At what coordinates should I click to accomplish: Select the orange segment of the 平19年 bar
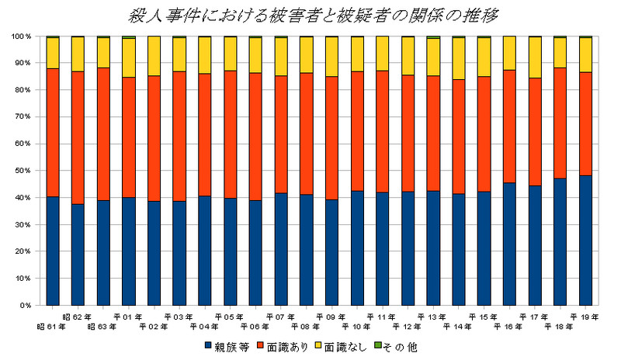pyautogui.click(x=585, y=124)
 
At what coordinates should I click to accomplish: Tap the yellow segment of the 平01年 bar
pyautogui.click(x=129, y=57)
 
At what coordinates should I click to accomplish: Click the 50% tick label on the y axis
pyautogui.click(x=21, y=171)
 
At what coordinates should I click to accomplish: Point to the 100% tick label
pyautogui.click(x=19, y=36)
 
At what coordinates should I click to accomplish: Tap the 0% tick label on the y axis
pyautogui.click(x=24, y=306)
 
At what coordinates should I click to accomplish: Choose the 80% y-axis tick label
pyautogui.click(x=21, y=90)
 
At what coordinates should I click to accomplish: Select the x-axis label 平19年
pyautogui.click(x=584, y=317)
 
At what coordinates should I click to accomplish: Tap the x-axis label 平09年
pyautogui.click(x=331, y=317)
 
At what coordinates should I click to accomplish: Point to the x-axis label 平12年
pyautogui.click(x=407, y=327)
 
